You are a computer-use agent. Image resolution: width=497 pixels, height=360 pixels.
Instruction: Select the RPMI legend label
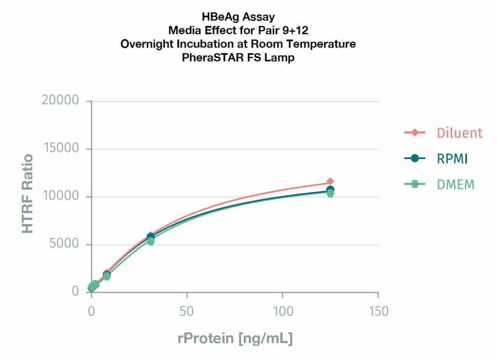tap(452, 159)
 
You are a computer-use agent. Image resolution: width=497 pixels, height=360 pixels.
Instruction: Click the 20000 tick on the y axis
tap(60, 101)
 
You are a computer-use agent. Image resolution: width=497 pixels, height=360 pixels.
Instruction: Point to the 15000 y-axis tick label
tap(60, 149)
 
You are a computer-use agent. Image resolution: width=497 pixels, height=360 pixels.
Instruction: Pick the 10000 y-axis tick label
tap(60, 196)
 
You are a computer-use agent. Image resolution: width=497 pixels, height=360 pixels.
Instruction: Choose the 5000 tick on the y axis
tap(64, 244)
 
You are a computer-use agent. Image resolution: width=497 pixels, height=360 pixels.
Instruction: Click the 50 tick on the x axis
tap(187, 311)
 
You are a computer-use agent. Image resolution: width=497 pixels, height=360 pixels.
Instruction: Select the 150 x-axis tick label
tap(378, 311)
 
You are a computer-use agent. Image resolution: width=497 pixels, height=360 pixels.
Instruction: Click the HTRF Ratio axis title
tap(28, 194)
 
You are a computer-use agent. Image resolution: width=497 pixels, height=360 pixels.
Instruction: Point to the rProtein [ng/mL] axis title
tap(235, 339)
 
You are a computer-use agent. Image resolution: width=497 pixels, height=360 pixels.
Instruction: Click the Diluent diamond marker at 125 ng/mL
tap(330, 181)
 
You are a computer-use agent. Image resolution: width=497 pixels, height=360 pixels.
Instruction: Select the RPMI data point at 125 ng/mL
tap(330, 189)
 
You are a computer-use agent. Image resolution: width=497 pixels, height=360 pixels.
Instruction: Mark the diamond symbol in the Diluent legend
tap(415, 133)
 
